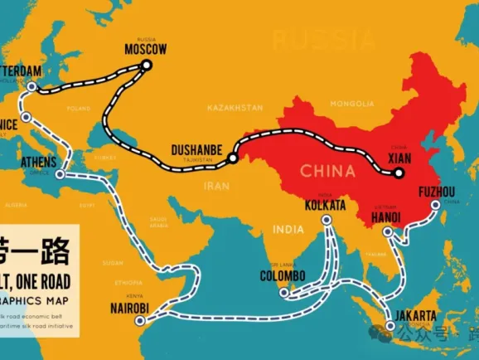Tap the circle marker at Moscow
coord(147,64)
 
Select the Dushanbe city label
coord(196,149)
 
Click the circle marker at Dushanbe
coord(233,157)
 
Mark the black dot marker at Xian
coord(399,173)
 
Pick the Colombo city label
coord(283,275)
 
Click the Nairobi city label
coord(130,309)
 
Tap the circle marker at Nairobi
coord(155,309)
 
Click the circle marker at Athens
coord(60,175)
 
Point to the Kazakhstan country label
coord(235,108)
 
